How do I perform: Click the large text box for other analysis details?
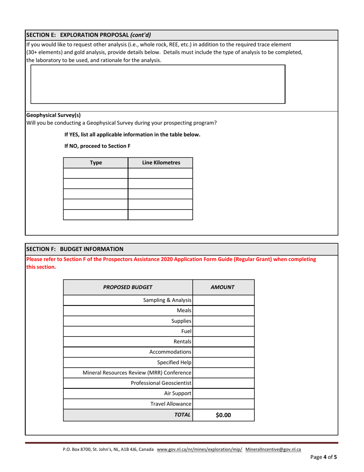coord(157,84)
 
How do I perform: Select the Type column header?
coord(95,163)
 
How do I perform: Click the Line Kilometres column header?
coord(161,163)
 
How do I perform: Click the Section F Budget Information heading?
coord(75,249)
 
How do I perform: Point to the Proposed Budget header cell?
coord(128,287)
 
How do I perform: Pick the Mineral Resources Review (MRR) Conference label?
coord(137,373)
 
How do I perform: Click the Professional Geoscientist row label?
coord(161,383)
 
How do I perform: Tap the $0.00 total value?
coord(223,414)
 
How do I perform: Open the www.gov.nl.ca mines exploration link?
coord(200,449)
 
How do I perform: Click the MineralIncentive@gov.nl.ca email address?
coord(273,449)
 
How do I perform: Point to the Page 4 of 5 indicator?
coord(324,457)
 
